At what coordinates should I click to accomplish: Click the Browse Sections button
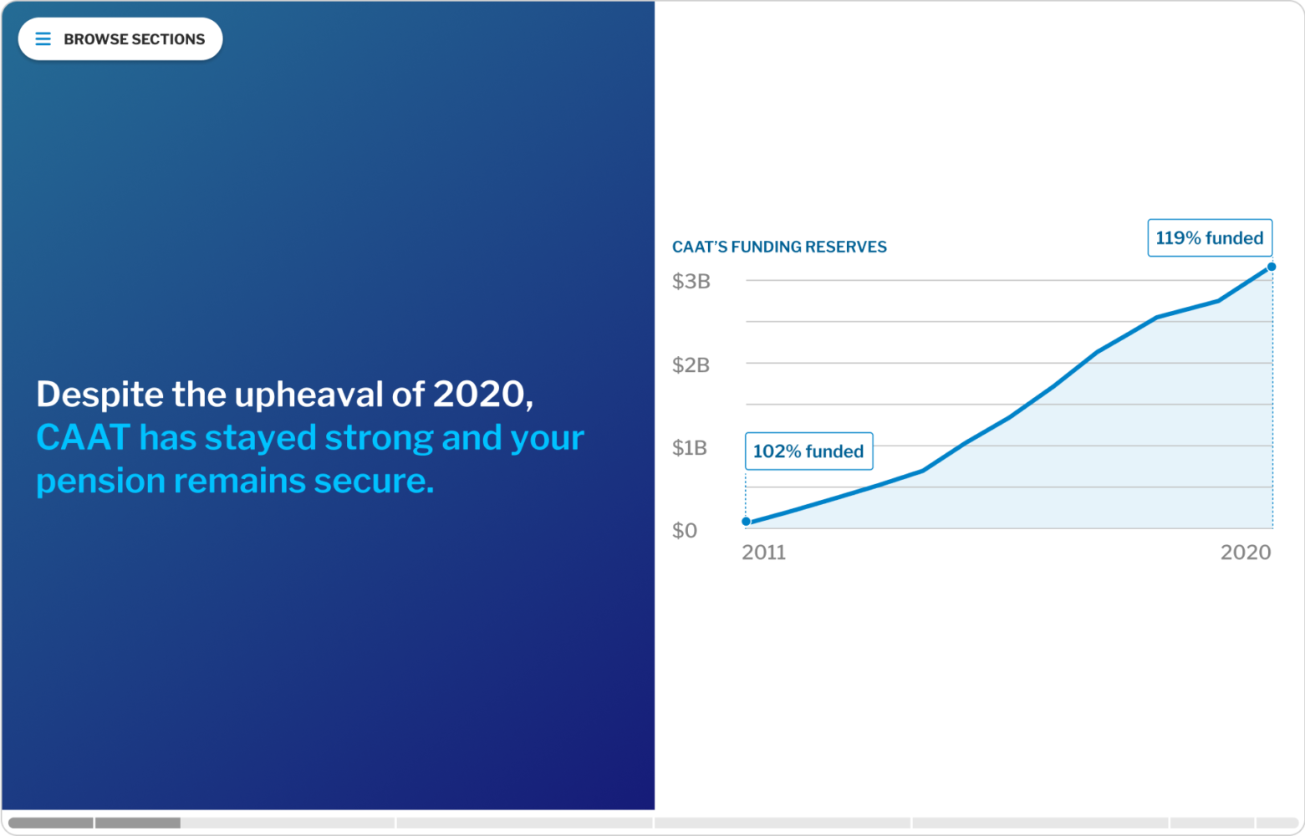(x=120, y=39)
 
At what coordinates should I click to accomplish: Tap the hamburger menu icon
(x=43, y=39)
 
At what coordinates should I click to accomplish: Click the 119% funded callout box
(x=1210, y=237)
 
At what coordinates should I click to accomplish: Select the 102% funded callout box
(x=808, y=451)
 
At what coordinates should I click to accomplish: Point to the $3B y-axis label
(x=691, y=282)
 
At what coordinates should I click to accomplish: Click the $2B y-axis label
(x=691, y=365)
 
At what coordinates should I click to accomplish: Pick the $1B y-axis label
(x=690, y=448)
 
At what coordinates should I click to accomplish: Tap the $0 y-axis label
(x=685, y=531)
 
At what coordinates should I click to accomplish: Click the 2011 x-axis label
(x=764, y=553)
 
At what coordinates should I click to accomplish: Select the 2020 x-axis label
(x=1246, y=553)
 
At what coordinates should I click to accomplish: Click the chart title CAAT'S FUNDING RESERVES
(x=779, y=247)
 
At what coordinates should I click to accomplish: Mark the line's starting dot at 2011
(x=747, y=522)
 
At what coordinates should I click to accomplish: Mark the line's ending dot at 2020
(x=1272, y=267)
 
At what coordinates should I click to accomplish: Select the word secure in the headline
(x=374, y=482)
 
